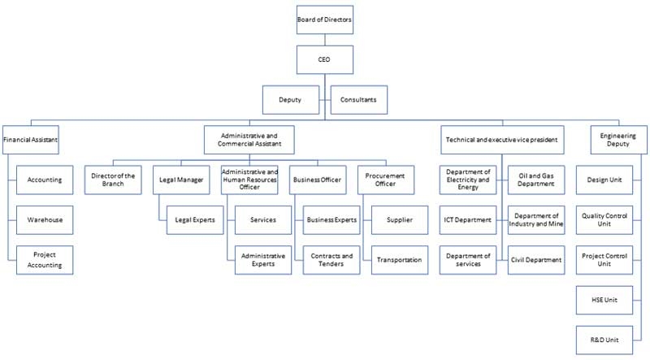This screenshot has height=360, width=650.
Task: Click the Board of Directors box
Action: point(325,20)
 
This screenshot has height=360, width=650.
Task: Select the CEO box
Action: point(325,59)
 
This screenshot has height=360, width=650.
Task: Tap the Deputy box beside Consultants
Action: point(291,100)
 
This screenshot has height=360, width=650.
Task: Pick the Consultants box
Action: point(359,100)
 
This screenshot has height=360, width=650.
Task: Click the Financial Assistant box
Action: point(31,140)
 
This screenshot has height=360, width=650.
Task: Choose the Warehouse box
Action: point(45,219)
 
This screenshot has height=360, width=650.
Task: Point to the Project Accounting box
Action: point(45,260)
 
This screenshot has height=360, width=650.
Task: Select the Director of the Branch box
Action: point(113,180)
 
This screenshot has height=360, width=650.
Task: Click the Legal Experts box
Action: point(195,219)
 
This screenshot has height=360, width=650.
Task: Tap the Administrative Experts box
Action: point(263,260)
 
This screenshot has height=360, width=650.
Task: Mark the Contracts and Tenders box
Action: point(331,260)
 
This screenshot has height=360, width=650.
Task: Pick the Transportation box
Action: point(400,260)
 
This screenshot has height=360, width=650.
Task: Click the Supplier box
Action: point(400,219)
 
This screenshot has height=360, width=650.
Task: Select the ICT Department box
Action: point(468,219)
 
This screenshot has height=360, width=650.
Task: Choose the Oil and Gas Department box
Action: point(536,180)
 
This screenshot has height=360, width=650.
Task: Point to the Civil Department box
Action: point(536,260)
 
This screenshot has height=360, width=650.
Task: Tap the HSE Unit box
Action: point(604,300)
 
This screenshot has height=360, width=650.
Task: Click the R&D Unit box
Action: point(604,340)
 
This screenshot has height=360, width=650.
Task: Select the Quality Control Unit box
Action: point(604,219)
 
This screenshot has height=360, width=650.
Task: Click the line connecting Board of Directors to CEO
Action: point(325,40)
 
